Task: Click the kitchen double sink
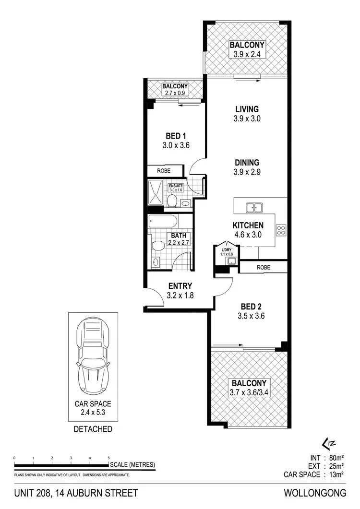pos(253,207)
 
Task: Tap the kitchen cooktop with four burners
pos(281,231)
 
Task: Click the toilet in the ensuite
pos(171,200)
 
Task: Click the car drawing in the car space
pos(93,355)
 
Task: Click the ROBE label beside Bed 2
pos(263,267)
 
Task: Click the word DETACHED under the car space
pos(93,429)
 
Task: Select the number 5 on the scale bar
pos(108,458)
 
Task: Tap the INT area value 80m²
pos(334,457)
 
